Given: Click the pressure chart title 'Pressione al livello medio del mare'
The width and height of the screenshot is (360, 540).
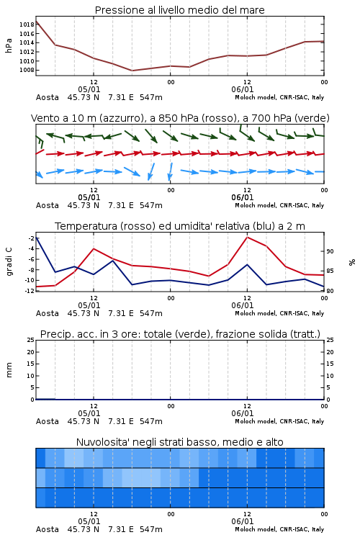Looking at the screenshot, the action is point(179,10).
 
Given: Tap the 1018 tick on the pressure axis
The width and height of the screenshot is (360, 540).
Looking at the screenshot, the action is point(27,24).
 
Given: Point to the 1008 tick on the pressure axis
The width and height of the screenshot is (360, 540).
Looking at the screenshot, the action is point(27,70).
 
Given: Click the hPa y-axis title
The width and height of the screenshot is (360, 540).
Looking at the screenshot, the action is point(9,45).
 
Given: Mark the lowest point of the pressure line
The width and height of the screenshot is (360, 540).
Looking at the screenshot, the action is point(132,71).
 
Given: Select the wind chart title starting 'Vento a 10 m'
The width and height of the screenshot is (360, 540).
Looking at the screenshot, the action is point(180,118).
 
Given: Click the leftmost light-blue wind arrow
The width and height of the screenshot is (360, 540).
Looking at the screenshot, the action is point(39,175).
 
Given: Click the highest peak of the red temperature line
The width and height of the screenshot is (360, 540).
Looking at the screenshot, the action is point(247,237).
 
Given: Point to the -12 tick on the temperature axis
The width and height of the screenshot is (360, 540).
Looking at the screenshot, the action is point(30,291).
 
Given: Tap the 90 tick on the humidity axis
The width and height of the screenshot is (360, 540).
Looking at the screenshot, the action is point(330,251).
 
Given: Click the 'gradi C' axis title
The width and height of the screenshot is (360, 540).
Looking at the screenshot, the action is point(9,261).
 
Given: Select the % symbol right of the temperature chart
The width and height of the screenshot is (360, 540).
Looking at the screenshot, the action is point(352,262).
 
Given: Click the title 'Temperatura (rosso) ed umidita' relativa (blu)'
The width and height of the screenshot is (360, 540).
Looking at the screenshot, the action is point(180,226).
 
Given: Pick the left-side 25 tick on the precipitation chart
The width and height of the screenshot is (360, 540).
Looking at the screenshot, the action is point(30,340).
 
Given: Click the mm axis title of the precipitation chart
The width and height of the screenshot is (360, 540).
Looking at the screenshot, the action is point(9,369).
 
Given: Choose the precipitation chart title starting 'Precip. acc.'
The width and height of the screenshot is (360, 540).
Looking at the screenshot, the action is point(180,334).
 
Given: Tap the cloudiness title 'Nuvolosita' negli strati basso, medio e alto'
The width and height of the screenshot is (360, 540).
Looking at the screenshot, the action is point(179,442).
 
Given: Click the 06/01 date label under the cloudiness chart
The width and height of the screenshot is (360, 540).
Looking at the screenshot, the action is point(242,521).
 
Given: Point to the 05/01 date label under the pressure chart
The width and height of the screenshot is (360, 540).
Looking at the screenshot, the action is point(89,89).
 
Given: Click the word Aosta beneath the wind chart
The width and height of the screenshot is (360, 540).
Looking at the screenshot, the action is point(48,205).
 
